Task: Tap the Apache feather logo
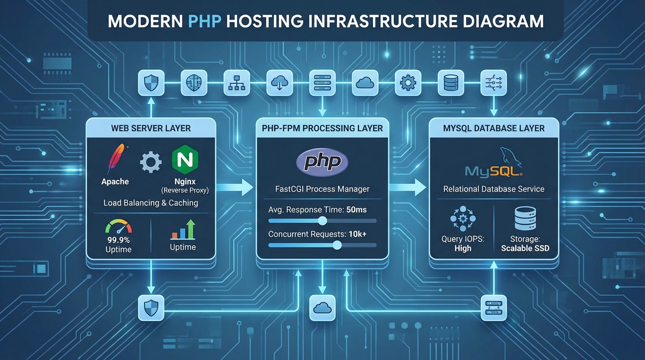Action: point(115,159)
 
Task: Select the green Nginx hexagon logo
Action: point(185,160)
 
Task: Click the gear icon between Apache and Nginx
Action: point(151,162)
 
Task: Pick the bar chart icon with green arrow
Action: point(183,230)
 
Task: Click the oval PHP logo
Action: point(322,163)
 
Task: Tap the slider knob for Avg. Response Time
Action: point(322,221)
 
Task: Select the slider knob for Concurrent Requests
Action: point(337,245)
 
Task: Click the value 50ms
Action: point(356,210)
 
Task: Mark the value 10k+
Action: point(358,234)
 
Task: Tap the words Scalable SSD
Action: point(525,248)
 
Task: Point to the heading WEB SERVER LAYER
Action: point(151,128)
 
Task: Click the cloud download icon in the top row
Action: point(279,83)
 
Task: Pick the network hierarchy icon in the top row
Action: point(236,83)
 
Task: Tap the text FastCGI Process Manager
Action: point(322,189)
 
